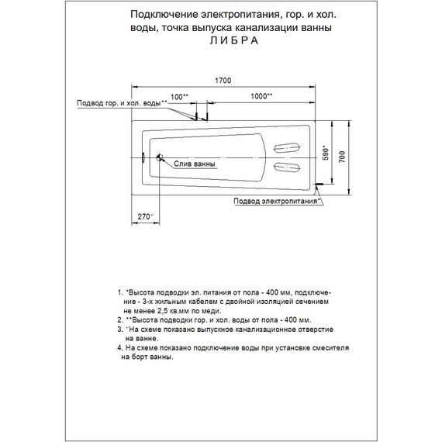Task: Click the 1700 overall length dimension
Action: [224, 79]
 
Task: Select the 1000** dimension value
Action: [261, 95]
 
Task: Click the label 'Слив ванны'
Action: [190, 164]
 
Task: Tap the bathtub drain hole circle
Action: [159, 158]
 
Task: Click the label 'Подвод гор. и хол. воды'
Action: [121, 103]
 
